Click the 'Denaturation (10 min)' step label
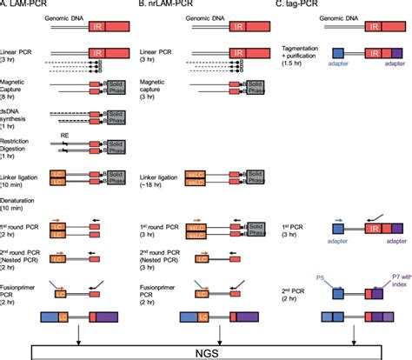pyautogui.click(x=21, y=197)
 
